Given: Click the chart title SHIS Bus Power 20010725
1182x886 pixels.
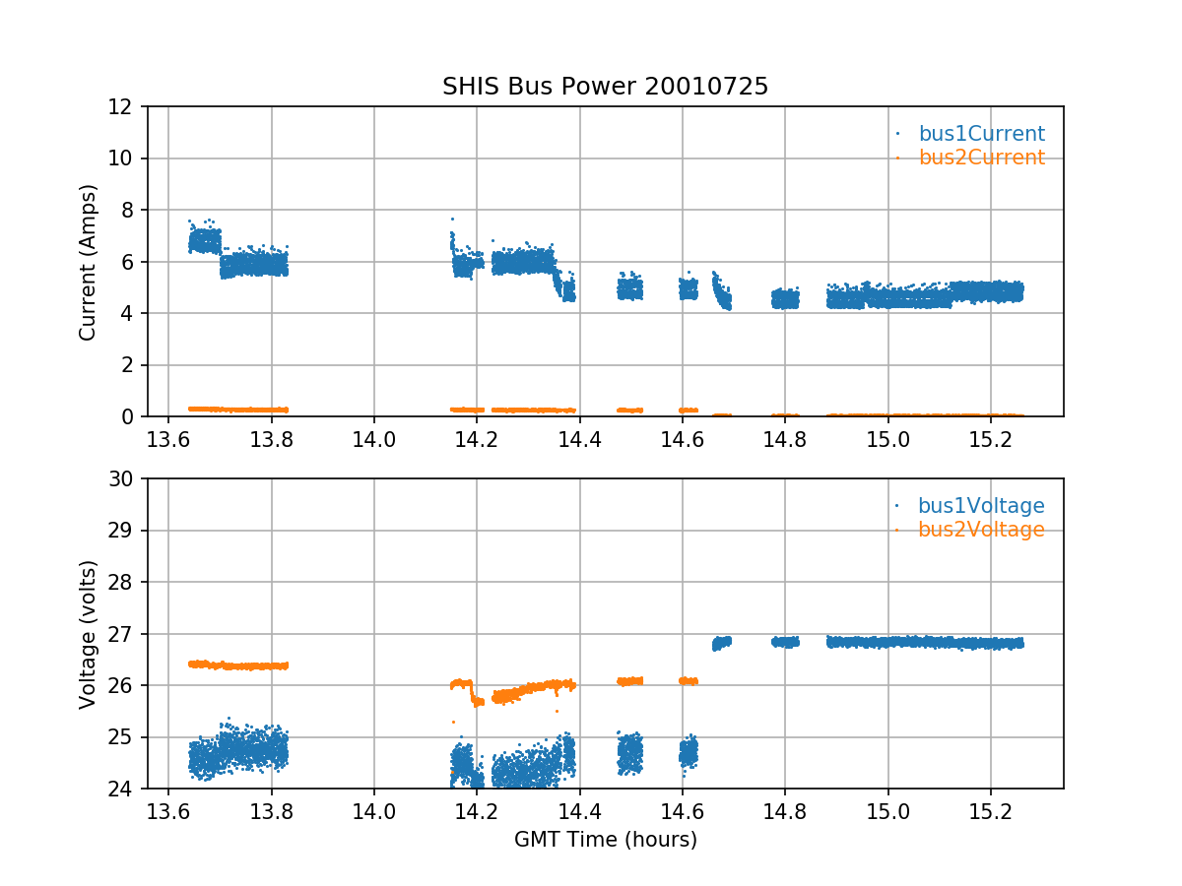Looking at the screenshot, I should [605, 87].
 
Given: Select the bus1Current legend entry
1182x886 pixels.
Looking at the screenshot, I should [981, 134].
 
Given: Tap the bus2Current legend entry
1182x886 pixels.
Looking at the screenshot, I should [981, 158].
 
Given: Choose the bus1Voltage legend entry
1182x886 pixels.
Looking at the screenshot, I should [981, 506].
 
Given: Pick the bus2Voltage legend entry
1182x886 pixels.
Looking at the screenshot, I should [981, 530].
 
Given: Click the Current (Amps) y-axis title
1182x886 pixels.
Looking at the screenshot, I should [89, 262].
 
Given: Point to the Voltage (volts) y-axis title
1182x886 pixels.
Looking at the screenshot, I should [89, 634].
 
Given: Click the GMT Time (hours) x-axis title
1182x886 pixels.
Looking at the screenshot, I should [605, 840].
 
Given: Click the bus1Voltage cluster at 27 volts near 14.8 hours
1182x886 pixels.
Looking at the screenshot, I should [785, 642].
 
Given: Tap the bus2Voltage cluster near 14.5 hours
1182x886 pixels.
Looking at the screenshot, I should [629, 680].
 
